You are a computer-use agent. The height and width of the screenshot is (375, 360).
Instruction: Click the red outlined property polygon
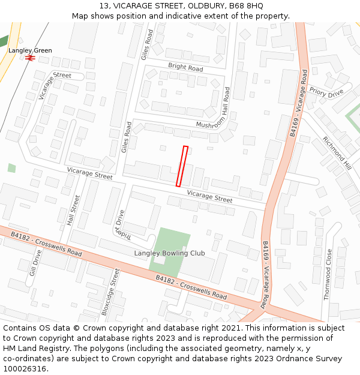coord(182,166)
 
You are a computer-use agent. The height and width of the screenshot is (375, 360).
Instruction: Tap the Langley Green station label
coord(30,51)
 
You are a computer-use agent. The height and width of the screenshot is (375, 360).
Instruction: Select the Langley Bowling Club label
coord(169,253)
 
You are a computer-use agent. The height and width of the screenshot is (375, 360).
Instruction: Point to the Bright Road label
coord(185,68)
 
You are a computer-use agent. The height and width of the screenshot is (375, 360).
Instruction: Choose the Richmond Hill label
coord(337,152)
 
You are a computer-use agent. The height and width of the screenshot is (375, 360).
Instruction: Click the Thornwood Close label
coord(328,274)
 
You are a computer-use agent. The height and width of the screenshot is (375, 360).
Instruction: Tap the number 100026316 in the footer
coord(25,369)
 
